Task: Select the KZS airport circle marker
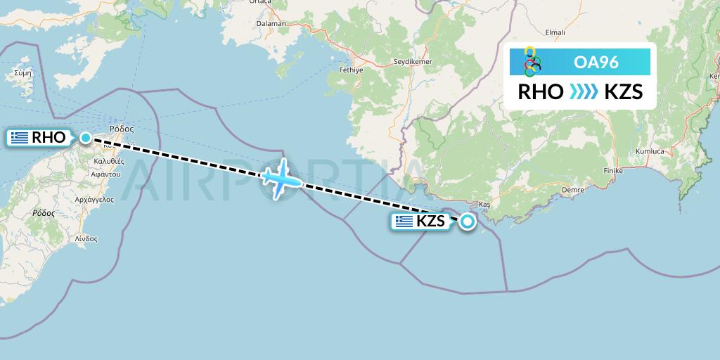tap(467, 222)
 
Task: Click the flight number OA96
tap(596, 62)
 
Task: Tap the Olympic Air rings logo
tap(532, 62)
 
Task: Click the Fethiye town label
tap(349, 70)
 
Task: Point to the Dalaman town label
tap(272, 23)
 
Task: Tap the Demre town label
tap(574, 190)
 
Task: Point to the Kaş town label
tap(483, 204)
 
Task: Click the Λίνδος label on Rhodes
tap(86, 239)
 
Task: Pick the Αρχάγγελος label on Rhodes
tap(94, 200)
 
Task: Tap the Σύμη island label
tap(23, 72)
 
